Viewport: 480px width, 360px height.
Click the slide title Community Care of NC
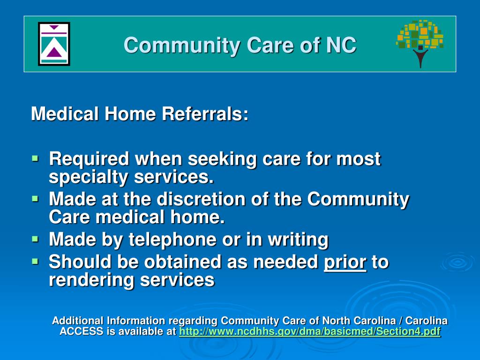click(240, 45)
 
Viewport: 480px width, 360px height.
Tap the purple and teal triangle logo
click(54, 44)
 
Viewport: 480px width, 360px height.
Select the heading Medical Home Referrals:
click(140, 114)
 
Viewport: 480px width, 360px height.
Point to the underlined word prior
click(345, 262)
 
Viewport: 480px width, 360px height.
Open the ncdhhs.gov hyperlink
click(310, 332)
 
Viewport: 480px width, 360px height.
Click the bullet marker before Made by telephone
click(36, 239)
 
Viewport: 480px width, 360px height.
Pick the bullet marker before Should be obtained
click(36, 261)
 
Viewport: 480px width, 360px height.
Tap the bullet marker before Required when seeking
click(36, 158)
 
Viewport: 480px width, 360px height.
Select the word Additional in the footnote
click(78, 321)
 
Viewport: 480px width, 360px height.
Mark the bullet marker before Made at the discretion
click(36, 199)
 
